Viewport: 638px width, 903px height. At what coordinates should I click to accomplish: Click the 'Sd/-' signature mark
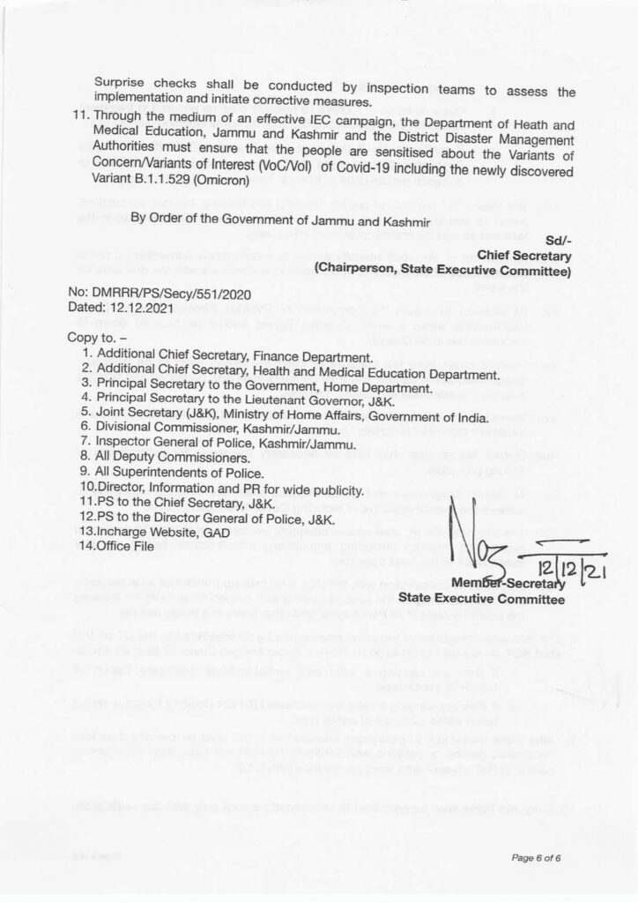(x=558, y=240)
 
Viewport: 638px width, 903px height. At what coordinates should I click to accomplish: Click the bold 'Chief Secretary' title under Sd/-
(x=524, y=255)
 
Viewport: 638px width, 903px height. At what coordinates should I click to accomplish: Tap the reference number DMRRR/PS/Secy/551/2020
(x=159, y=292)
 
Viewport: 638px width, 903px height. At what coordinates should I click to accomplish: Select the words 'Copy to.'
(x=95, y=338)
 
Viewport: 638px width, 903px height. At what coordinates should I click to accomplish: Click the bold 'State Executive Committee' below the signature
(x=481, y=599)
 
